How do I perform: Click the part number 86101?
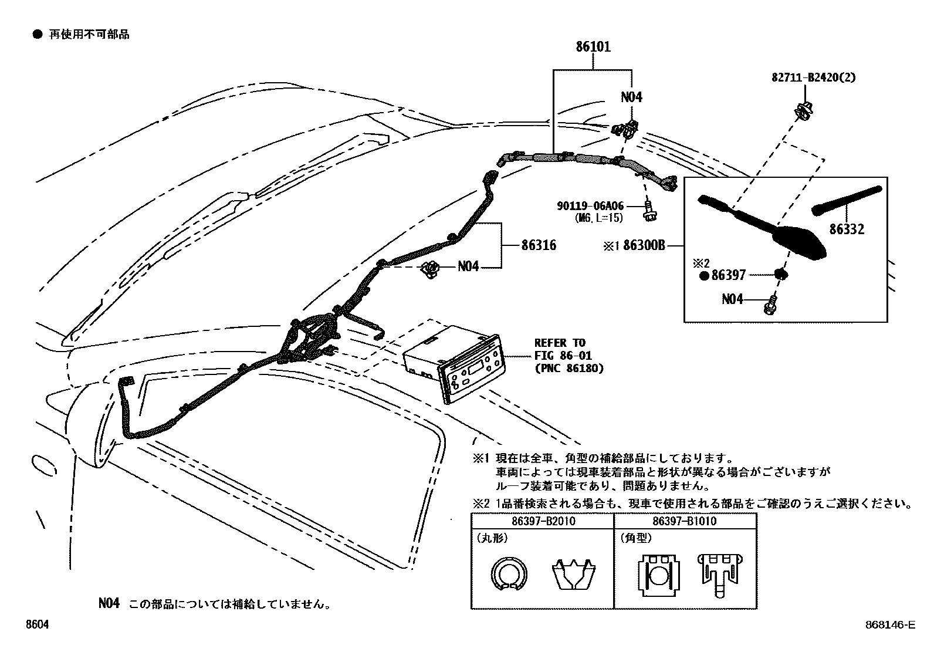point(593,46)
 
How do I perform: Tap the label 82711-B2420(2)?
point(813,77)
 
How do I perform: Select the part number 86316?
point(539,245)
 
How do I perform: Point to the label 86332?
point(847,229)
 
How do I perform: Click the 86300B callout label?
point(644,245)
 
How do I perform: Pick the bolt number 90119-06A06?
point(590,205)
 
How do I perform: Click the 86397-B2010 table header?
point(543,521)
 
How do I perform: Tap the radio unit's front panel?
point(471,369)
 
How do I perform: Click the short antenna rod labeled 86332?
point(847,201)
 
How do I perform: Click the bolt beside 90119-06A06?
point(649,211)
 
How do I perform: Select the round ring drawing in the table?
point(509,574)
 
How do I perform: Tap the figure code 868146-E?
point(891,624)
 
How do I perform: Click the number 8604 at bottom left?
point(37,624)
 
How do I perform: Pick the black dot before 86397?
point(704,276)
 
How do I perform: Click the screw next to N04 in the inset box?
point(770,306)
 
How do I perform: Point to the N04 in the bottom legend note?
point(109,603)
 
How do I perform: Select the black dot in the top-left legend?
point(38,34)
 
